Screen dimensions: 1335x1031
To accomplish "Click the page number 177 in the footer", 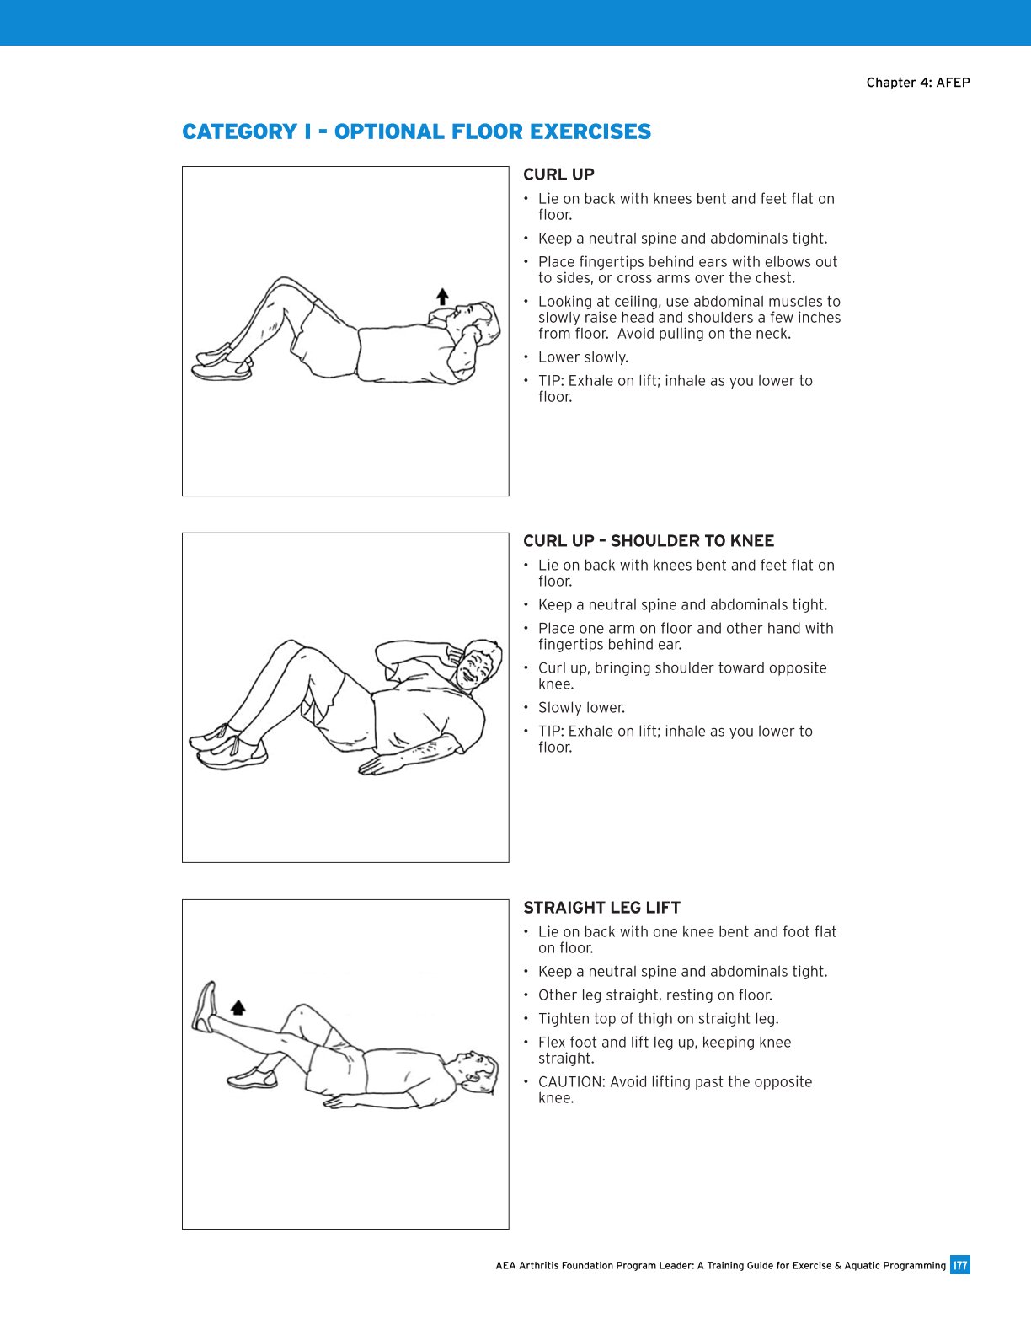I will [959, 1265].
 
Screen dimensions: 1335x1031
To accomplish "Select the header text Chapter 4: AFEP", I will [917, 83].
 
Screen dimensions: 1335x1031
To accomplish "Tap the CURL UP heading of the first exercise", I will [558, 174].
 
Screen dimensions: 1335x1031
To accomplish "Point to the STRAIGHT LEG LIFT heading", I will [601, 908].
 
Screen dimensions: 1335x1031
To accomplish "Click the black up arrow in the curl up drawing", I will [442, 297].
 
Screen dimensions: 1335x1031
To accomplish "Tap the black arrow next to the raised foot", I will [238, 1007].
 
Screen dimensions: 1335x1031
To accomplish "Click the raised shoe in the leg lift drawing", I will [205, 1006].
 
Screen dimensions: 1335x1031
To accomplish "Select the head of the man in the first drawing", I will [477, 323].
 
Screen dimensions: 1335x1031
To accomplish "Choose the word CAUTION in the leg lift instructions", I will [571, 1082].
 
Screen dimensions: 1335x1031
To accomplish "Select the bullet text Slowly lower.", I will [581, 708].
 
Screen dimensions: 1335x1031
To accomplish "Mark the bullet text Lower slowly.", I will [583, 357].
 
